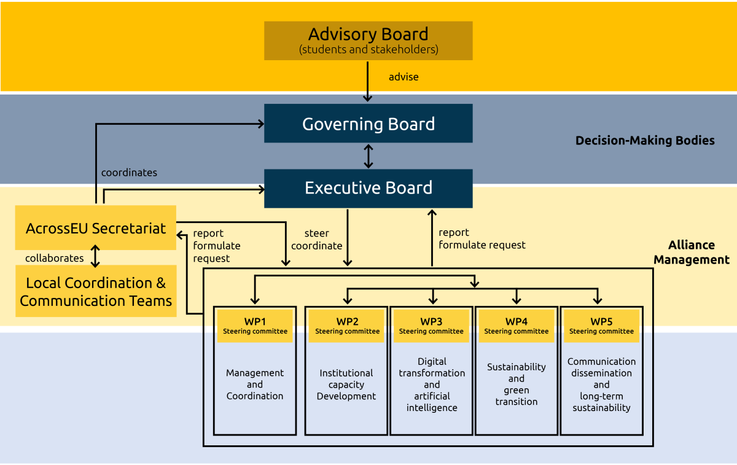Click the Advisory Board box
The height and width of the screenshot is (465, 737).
(368, 41)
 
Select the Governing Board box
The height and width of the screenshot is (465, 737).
(368, 123)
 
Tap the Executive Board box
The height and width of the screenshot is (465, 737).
(368, 188)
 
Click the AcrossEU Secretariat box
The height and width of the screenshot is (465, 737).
(96, 228)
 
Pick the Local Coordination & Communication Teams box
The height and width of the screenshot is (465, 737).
(96, 291)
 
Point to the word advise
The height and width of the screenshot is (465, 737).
(404, 77)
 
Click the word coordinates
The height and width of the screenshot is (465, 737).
(129, 173)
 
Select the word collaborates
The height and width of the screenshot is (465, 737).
(54, 258)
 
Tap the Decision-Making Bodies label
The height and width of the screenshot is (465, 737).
(645, 141)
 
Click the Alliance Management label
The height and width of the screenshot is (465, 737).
(692, 252)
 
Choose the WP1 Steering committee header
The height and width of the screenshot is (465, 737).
(255, 326)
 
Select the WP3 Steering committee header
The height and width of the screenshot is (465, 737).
(432, 326)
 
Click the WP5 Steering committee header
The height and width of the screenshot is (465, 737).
(601, 326)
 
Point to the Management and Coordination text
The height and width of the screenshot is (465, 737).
(255, 385)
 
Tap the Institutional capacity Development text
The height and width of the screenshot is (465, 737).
(346, 385)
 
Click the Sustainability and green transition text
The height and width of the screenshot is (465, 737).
(517, 385)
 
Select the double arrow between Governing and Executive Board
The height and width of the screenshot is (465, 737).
(368, 156)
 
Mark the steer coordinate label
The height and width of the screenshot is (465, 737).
(316, 240)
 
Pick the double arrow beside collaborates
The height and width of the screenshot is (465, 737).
(95, 256)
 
